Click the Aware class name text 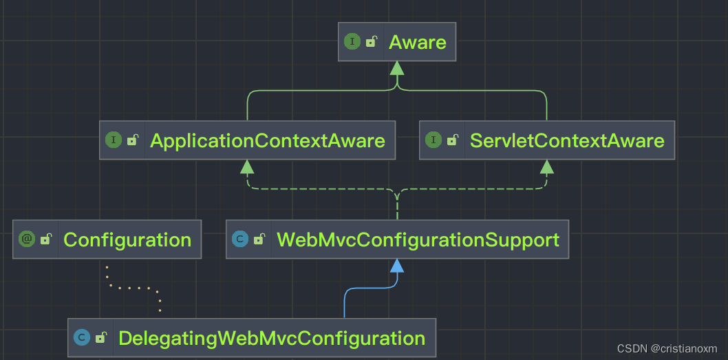point(417,42)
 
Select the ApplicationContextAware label point(267,140)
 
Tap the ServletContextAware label point(567,140)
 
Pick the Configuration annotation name point(127,240)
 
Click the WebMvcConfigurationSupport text point(418,240)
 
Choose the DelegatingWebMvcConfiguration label point(272,338)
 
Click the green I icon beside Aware point(352,41)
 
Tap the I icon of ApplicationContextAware point(113,140)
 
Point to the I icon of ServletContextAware point(433,140)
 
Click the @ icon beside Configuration point(27,239)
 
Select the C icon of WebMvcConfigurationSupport point(240,239)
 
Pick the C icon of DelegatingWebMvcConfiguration point(82,337)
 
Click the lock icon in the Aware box point(372,42)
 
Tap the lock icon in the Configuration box point(46,240)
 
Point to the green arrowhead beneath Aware point(396,68)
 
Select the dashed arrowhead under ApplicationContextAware point(247,166)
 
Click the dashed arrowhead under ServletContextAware point(547,166)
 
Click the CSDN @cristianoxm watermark point(667,348)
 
